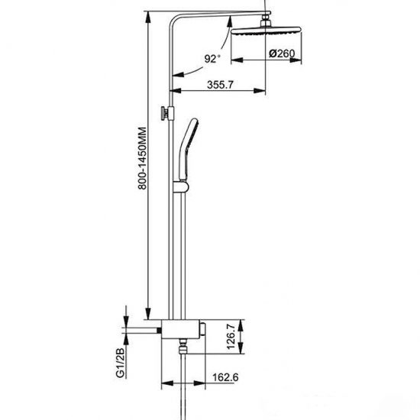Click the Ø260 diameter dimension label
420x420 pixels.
pyautogui.click(x=282, y=53)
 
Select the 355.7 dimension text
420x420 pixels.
pyautogui.click(x=220, y=85)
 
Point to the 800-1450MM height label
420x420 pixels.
pyautogui.click(x=142, y=158)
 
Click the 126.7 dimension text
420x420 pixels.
pyautogui.click(x=231, y=337)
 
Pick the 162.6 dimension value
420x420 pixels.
pyautogui.click(x=225, y=377)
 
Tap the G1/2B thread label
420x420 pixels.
pyautogui.click(x=121, y=363)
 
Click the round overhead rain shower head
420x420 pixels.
pyautogui.click(x=266, y=31)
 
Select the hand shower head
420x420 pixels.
pyautogui.click(x=189, y=149)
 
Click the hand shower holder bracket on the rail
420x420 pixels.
pyautogui.click(x=181, y=186)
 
